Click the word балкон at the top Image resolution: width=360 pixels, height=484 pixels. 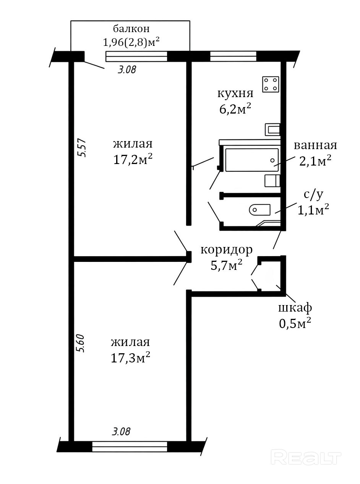tap(131, 29)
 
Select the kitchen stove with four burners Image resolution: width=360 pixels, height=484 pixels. tap(271, 84)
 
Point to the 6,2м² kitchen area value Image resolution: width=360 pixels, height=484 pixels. tap(235, 109)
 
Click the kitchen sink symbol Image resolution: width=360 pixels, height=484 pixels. tap(272, 130)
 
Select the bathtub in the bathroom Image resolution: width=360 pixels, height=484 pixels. tap(252, 160)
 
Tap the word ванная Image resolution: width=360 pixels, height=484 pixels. tap(315, 145)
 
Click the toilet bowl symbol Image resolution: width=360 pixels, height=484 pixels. tap(259, 210)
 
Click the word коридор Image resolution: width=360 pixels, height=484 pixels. tap(227, 250)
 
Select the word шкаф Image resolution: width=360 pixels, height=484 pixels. tap(295, 309)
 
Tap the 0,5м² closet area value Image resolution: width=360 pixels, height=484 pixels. tap(295, 323)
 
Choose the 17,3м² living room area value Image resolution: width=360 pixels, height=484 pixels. tap(130, 357)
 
